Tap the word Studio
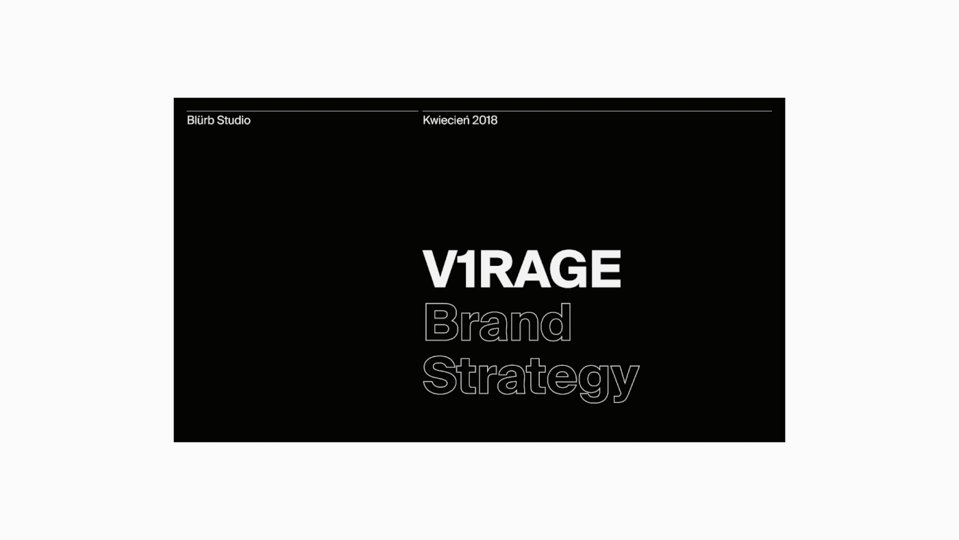(234, 121)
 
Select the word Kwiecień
(446, 121)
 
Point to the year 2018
(485, 121)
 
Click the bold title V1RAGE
(522, 269)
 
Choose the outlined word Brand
(497, 323)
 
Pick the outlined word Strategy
(531, 379)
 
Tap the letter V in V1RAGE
(441, 269)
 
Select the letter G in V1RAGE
(569, 269)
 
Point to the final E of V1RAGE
(607, 269)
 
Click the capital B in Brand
(441, 323)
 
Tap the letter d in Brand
(556, 323)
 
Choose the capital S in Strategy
(440, 375)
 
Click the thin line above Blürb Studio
(302, 111)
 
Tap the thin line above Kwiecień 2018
(597, 111)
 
